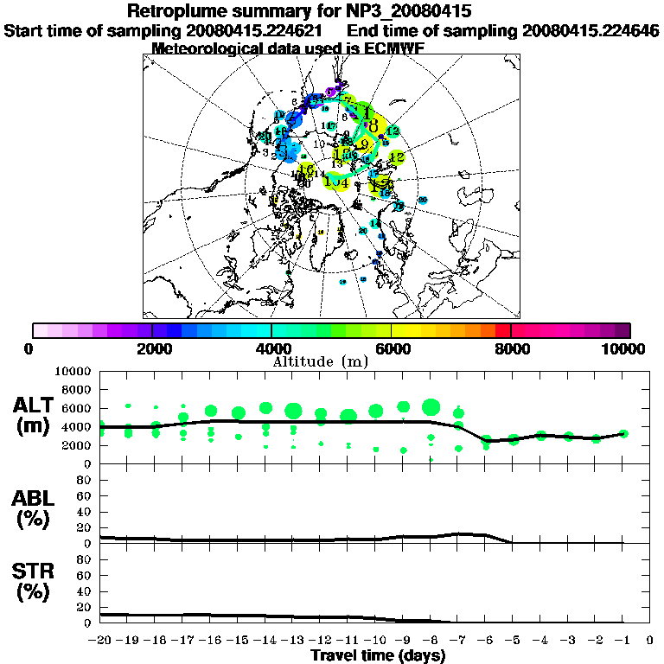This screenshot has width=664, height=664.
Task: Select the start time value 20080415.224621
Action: (x=256, y=31)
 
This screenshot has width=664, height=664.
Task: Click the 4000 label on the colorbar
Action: (x=271, y=348)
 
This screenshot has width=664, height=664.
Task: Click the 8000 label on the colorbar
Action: (x=511, y=348)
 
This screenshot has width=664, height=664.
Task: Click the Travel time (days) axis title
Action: (x=378, y=655)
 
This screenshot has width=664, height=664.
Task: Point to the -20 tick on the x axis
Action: (x=100, y=641)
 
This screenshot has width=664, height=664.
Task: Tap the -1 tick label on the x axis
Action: (x=622, y=641)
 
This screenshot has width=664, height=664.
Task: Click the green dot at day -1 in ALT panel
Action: (x=623, y=434)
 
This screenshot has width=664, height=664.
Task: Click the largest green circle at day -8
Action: (x=431, y=407)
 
